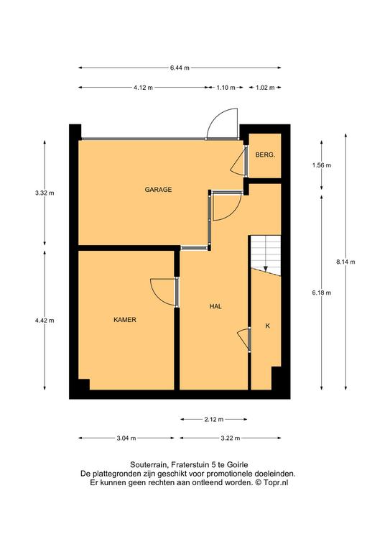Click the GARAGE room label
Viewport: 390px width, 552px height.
(x=158, y=190)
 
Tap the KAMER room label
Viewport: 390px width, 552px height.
(x=125, y=320)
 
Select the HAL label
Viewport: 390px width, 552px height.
(x=215, y=306)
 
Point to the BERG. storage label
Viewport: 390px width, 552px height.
(x=265, y=155)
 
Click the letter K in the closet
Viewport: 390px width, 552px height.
(x=267, y=326)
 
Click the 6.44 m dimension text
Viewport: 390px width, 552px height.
(x=180, y=68)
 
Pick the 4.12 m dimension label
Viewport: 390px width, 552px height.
(x=143, y=88)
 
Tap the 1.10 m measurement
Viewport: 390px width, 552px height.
(x=226, y=88)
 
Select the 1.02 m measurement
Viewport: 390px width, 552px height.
(x=265, y=88)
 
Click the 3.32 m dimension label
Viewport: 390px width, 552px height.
(x=45, y=193)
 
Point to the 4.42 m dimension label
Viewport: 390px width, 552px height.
(x=45, y=321)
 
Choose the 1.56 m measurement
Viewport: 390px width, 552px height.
(x=322, y=165)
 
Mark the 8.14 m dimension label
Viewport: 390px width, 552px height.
(x=345, y=262)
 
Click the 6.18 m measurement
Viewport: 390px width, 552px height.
(x=322, y=293)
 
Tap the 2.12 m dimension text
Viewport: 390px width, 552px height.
(x=214, y=419)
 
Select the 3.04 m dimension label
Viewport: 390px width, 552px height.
(x=126, y=438)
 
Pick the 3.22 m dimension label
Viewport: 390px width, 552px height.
(x=231, y=438)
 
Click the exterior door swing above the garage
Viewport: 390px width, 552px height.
(x=222, y=123)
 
